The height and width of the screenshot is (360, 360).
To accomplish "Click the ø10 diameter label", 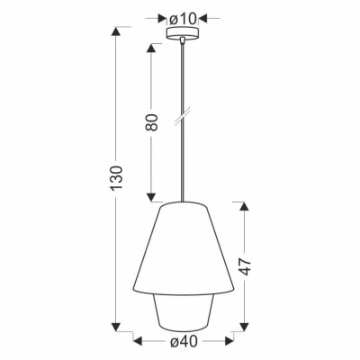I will click(185, 17).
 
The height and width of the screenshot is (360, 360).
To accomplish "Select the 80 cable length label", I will click(152, 122).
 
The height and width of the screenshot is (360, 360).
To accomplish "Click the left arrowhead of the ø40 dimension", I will click(138, 340).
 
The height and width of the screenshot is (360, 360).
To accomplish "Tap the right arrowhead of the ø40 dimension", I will click(233, 340).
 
